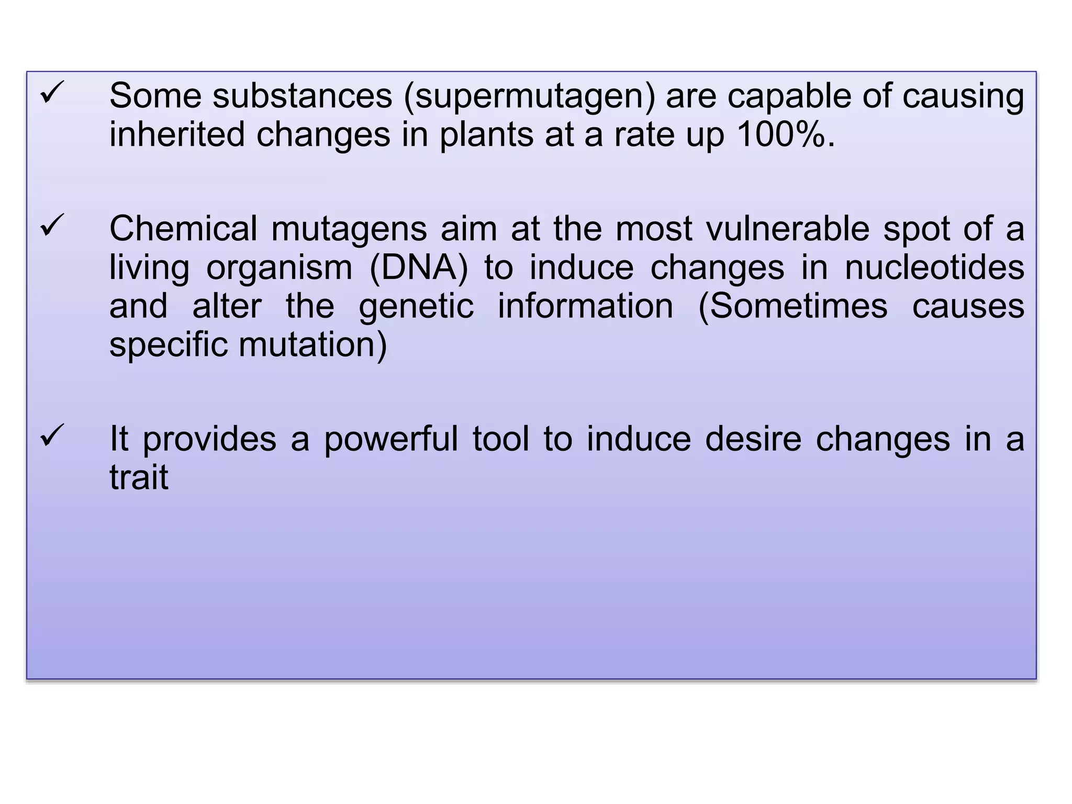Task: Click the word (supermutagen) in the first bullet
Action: coord(529,97)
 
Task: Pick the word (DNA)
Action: coord(419,267)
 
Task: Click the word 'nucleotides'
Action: coord(934,267)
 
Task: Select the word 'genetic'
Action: coord(416,307)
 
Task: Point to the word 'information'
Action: coord(585,306)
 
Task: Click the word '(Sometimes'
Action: coord(793,306)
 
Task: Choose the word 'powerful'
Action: coord(391,439)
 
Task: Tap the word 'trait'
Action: coord(139,477)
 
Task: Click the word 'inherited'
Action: coord(177,135)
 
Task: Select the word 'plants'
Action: coord(486,136)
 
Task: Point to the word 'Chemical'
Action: coord(183,229)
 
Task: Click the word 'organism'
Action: coord(280,269)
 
